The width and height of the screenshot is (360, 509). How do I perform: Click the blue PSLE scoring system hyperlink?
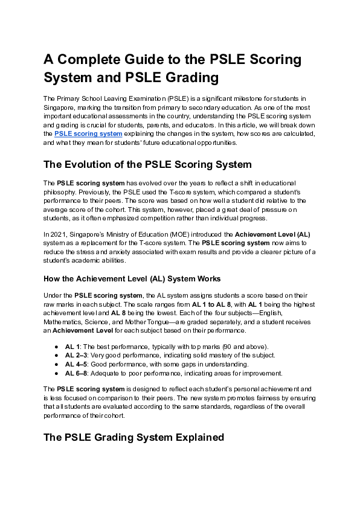(x=88, y=133)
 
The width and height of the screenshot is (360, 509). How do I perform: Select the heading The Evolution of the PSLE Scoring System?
(x=147, y=164)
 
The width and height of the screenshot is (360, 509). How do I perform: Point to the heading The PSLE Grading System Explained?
(x=133, y=437)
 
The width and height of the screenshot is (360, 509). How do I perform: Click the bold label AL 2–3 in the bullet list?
(x=76, y=355)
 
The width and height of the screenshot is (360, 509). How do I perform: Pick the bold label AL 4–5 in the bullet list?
(x=76, y=364)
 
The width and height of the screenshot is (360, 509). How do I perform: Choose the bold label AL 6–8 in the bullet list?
(x=76, y=373)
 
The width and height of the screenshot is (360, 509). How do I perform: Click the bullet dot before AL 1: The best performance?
(x=56, y=347)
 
